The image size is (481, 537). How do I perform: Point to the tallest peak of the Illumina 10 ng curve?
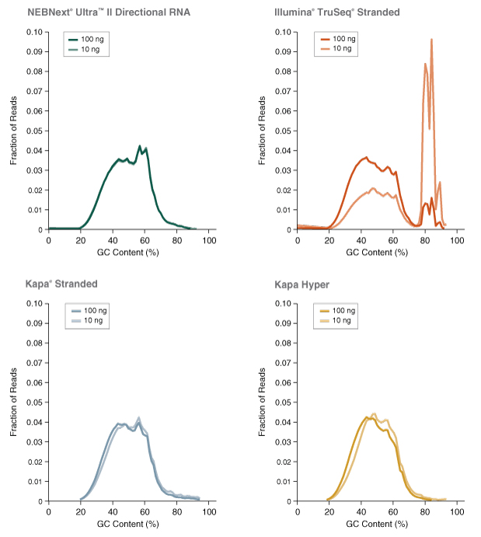(x=431, y=40)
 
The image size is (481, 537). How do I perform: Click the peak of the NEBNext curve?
(x=140, y=146)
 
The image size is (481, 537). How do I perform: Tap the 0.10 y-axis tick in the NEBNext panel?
(x=36, y=32)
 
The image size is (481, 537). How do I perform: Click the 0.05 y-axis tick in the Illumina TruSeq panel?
(x=284, y=131)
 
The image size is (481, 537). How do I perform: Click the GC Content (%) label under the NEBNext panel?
(x=129, y=253)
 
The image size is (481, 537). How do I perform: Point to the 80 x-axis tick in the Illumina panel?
(x=425, y=242)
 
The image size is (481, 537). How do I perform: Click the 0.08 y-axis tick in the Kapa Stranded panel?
(x=36, y=343)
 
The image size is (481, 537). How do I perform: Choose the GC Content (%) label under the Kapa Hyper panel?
(x=378, y=525)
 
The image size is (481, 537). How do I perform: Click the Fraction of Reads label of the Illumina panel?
(x=263, y=131)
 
